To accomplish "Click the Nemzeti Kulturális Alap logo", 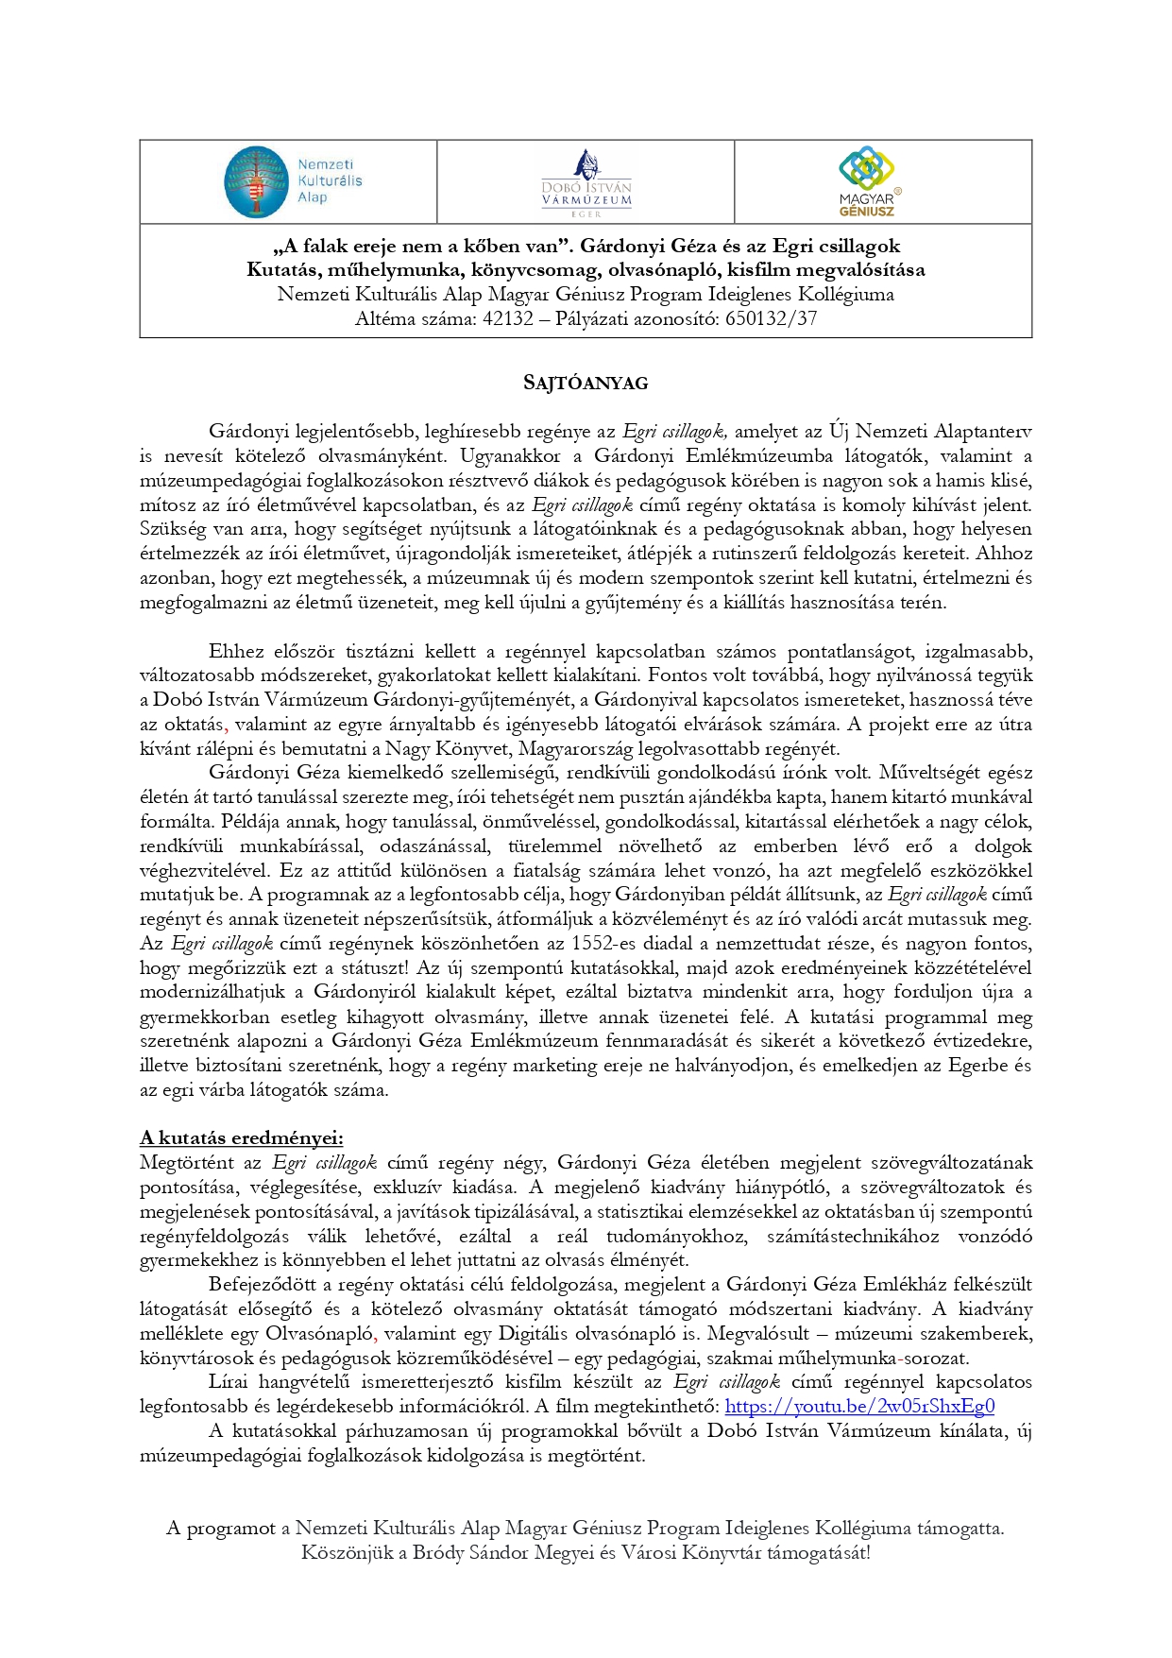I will click(292, 181).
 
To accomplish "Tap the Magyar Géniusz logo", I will click(867, 181).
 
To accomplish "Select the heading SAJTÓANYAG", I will click(586, 384).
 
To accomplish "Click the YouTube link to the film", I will click(859, 1407).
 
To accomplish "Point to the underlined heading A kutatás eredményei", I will click(242, 1137).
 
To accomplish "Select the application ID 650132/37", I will click(771, 318).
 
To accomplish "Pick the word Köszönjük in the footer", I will click(347, 1552).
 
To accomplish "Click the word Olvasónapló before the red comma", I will click(319, 1334).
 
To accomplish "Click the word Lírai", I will click(229, 1382).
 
